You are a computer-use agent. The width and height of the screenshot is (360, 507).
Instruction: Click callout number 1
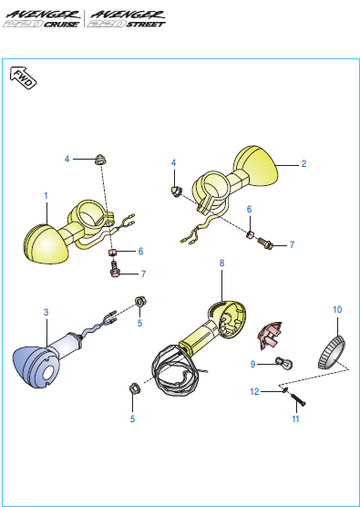coord(46,195)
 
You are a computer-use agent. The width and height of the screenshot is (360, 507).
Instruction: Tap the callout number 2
coord(303,164)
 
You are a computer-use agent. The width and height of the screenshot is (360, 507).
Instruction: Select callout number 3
coord(46,313)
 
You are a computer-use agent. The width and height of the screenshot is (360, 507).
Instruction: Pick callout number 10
coord(337,310)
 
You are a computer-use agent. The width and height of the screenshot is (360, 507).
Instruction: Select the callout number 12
coord(255,391)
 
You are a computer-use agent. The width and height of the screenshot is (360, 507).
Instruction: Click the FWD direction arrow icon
coord(25,80)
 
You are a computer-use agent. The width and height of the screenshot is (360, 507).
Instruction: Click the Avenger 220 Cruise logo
coord(42,20)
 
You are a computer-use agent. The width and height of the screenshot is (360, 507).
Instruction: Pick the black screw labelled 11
coord(298,398)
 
